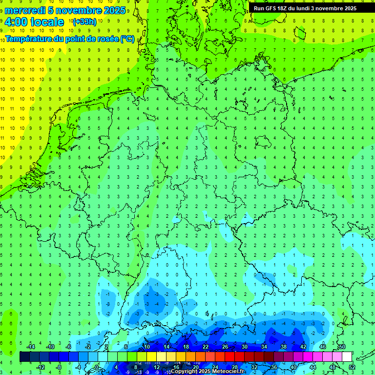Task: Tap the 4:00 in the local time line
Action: pyautogui.click(x=17, y=22)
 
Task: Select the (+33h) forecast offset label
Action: pyautogui.click(x=84, y=22)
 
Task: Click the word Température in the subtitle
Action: pyautogui.click(x=31, y=39)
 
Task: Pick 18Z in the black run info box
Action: pyautogui.click(x=285, y=8)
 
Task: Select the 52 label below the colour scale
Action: pyautogui.click(x=352, y=367)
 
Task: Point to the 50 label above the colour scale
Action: pyautogui.click(x=342, y=347)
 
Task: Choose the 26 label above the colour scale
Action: pyautogui.click(x=225, y=347)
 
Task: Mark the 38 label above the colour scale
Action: pyautogui.click(x=284, y=347)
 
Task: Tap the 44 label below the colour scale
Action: pyautogui.click(x=313, y=367)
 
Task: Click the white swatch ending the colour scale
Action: pyautogui.click(x=347, y=357)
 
